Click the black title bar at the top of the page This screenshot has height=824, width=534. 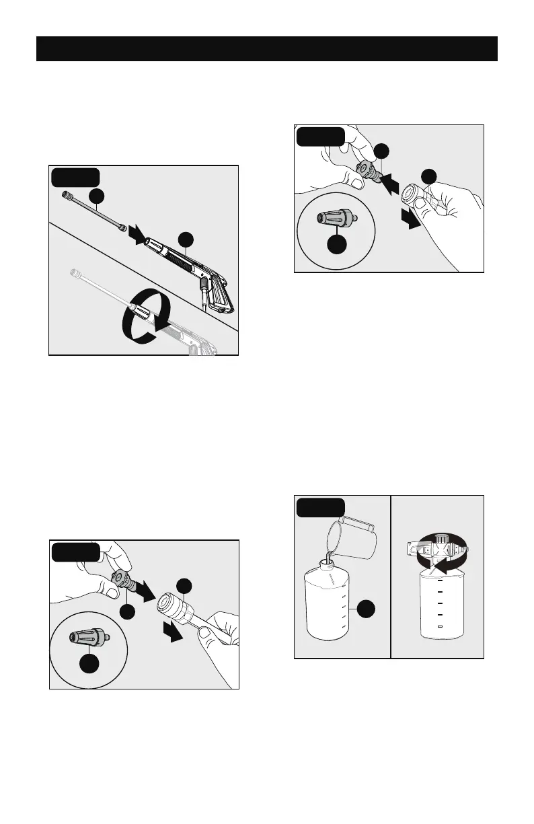coord(266,49)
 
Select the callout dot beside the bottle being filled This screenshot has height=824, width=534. coord(366,610)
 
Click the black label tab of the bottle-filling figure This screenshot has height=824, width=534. coord(321,506)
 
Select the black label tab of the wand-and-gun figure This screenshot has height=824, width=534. coord(76,177)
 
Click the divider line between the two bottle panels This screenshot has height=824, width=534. coord(391,576)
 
